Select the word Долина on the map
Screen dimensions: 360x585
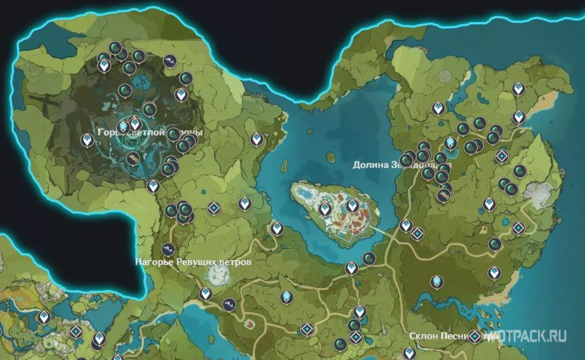pos(372,164)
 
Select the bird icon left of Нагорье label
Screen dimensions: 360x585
pos(169,249)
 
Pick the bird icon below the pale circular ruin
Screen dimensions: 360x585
pos(227,303)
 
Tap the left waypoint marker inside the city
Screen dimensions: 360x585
pos(325,207)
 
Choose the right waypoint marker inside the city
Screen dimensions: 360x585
pos(352,205)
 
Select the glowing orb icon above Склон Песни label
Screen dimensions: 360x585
pos(436,282)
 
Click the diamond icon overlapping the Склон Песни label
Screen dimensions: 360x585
pos(475,336)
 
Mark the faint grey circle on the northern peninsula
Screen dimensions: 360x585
pos(445,77)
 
